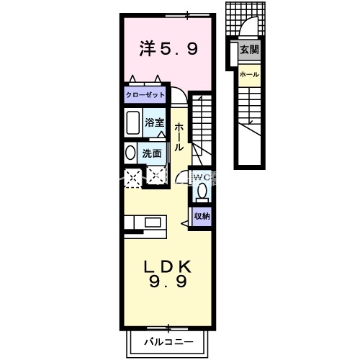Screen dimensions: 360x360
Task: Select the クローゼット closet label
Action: click(145, 94)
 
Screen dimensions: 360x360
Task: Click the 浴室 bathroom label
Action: click(154, 122)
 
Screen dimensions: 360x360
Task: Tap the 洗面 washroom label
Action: click(151, 153)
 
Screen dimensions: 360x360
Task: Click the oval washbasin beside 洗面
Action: click(129, 153)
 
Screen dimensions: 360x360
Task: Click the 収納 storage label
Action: click(202, 216)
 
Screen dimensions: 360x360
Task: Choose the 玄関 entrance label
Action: click(249, 50)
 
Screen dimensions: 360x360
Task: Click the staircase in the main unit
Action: click(202, 119)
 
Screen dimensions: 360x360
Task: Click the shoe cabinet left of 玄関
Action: click(235, 55)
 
